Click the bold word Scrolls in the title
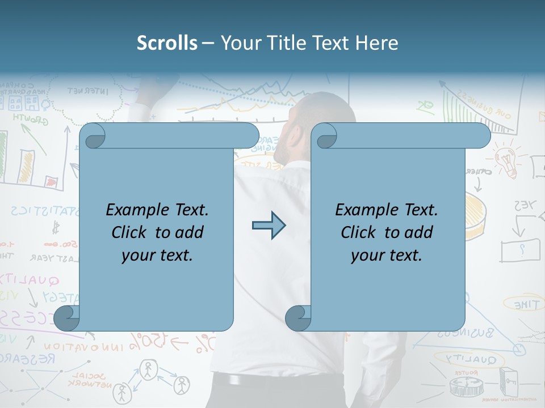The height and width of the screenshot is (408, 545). click(x=167, y=43)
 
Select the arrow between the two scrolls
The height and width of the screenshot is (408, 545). click(x=269, y=226)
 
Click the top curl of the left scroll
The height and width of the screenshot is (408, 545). click(x=93, y=136)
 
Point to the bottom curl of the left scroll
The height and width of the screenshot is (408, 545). click(x=67, y=318)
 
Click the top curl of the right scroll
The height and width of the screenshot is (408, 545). click(x=325, y=136)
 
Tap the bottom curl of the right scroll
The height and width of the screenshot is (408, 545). click(x=298, y=318)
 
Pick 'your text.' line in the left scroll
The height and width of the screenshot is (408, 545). click(x=157, y=255)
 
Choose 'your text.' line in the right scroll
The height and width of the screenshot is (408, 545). click(x=387, y=255)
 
